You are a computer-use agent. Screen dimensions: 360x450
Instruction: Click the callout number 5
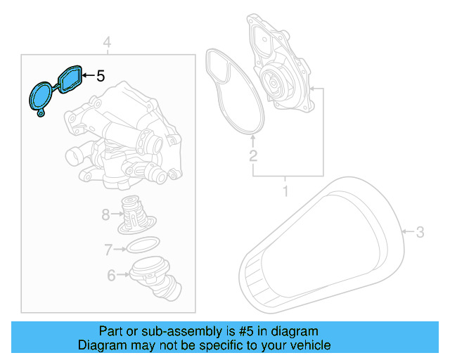point(100,75)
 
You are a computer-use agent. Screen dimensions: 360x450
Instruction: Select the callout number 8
point(105,214)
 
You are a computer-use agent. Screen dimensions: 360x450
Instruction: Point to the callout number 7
point(108,249)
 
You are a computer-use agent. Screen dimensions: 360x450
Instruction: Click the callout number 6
point(111,276)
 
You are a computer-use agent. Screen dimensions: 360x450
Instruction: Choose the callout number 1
point(285,191)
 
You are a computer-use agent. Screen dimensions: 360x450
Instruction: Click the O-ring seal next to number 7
point(141,247)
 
